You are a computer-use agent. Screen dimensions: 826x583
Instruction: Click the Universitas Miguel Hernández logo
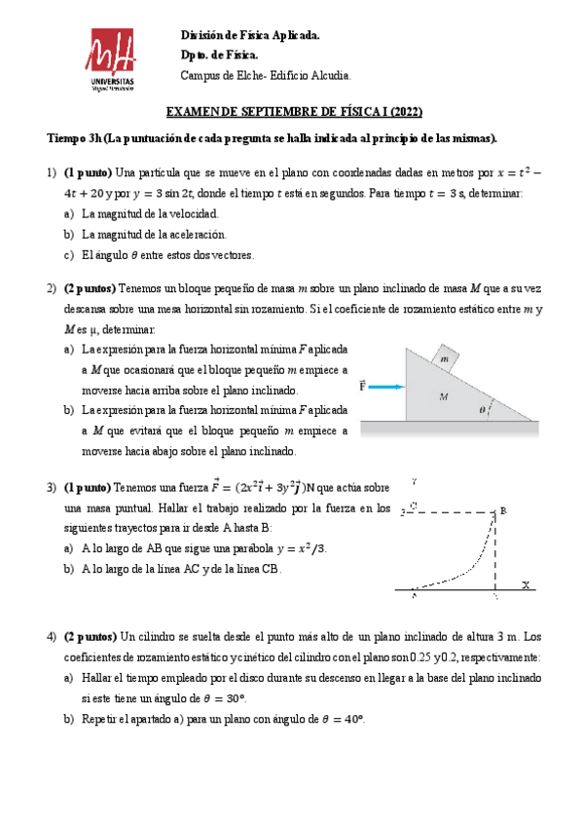tap(114, 60)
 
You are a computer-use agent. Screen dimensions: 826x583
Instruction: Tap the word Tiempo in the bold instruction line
tap(66, 137)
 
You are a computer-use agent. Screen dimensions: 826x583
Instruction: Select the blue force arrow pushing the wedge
tap(386, 387)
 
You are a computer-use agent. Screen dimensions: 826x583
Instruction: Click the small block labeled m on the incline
tap(444, 358)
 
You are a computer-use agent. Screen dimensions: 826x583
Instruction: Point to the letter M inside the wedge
tap(443, 396)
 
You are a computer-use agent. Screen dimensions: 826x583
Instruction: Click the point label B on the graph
tap(504, 509)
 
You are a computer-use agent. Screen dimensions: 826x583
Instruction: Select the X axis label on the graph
tap(526, 585)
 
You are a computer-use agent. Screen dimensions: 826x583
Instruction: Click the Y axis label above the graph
tap(416, 481)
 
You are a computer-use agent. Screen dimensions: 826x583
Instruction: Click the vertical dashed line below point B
tap(495, 550)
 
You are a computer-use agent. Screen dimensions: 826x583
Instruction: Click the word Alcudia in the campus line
tap(331, 76)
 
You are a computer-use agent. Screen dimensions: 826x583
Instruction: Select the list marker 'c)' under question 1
tap(68, 255)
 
